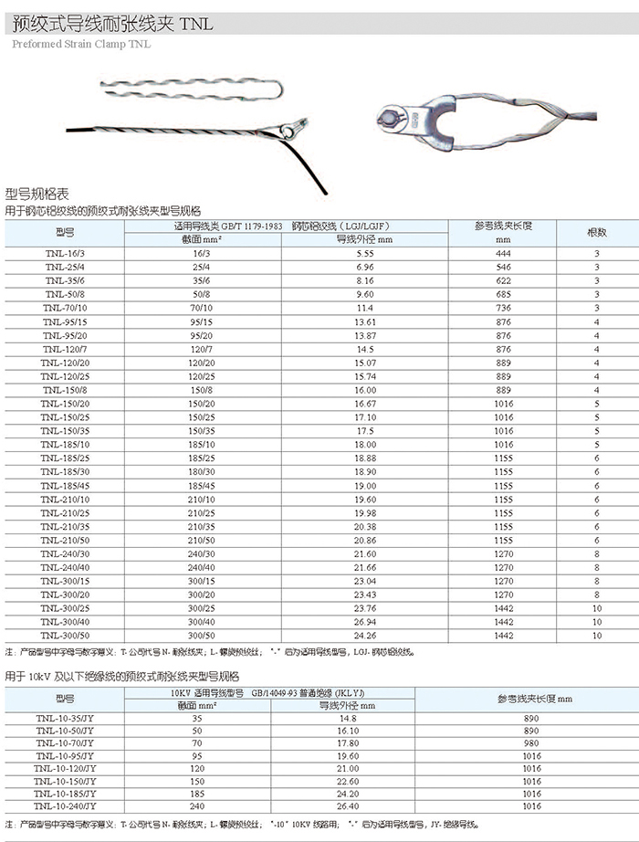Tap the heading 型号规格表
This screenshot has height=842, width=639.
tap(37, 195)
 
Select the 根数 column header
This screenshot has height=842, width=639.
tap(596, 232)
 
